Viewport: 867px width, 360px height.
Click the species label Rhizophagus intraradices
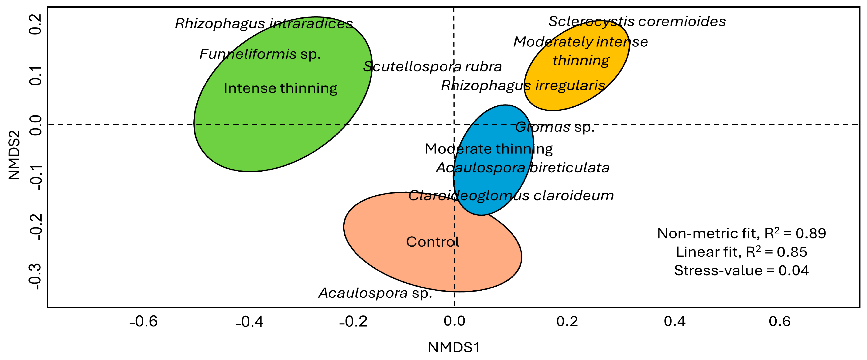pyautogui.click(x=264, y=24)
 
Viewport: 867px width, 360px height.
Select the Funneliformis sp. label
pyautogui.click(x=260, y=54)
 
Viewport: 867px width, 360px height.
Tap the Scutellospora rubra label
pyautogui.click(x=432, y=67)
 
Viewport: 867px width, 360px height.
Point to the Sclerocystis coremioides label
pyautogui.click(x=637, y=21)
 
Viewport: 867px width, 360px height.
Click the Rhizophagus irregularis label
pyautogui.click(x=523, y=85)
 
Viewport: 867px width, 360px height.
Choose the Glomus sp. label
pyautogui.click(x=555, y=127)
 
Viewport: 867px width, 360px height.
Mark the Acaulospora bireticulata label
pyautogui.click(x=522, y=168)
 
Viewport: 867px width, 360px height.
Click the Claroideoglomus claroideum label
pyautogui.click(x=511, y=195)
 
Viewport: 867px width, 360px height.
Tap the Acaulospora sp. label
pyautogui.click(x=375, y=293)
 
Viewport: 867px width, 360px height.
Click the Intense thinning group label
pyautogui.click(x=280, y=88)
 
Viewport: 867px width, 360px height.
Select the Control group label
pyautogui.click(x=432, y=241)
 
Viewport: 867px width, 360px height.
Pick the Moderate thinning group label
pyautogui.click(x=489, y=149)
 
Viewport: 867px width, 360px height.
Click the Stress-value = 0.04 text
pyautogui.click(x=741, y=271)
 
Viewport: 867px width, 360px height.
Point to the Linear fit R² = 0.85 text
pyautogui.click(x=741, y=252)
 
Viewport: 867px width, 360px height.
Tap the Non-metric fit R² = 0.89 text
pyautogui.click(x=741, y=233)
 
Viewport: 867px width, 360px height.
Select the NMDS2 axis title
pyautogui.click(x=14, y=155)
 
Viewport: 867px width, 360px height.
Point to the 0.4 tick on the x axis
pyautogui.click(x=675, y=321)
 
